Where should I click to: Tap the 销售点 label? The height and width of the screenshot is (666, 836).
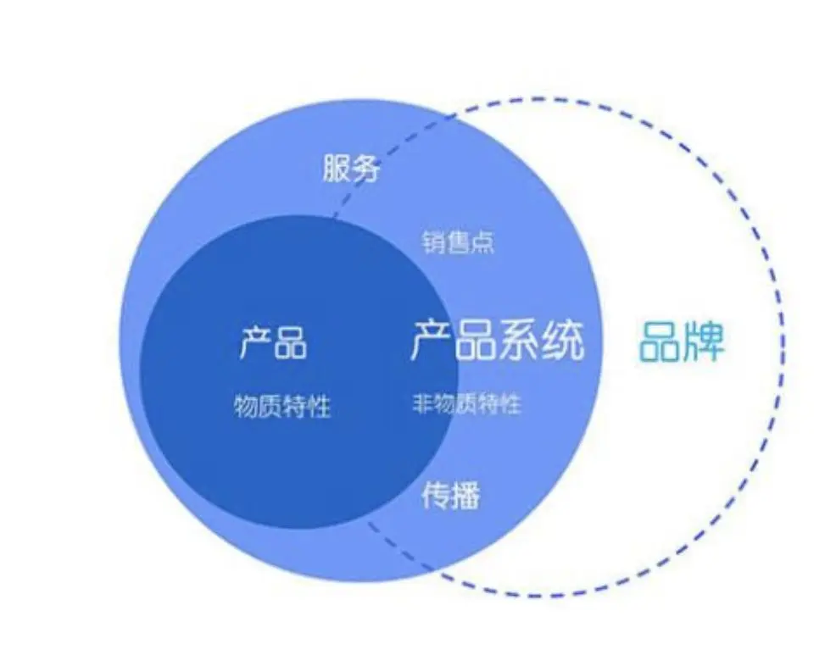(x=458, y=243)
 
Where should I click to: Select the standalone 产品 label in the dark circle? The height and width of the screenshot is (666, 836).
(x=273, y=342)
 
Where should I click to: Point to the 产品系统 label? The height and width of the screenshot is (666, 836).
(x=498, y=341)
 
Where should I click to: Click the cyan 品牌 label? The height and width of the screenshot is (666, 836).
(x=682, y=341)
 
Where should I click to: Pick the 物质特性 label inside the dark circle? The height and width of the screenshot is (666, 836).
(x=282, y=408)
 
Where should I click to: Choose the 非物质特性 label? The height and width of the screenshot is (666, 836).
(x=466, y=404)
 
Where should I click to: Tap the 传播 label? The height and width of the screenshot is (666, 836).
(x=450, y=495)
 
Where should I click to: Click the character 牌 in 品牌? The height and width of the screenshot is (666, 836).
(x=704, y=341)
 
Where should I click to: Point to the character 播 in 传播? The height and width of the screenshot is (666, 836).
(x=465, y=495)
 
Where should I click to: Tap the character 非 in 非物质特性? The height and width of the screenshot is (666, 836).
(x=423, y=404)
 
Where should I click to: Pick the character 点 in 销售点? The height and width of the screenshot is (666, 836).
(x=482, y=243)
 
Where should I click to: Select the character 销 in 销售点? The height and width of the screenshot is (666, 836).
(x=433, y=243)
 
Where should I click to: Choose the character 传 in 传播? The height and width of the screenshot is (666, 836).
(x=435, y=495)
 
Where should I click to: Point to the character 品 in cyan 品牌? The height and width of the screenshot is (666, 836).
(x=660, y=341)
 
